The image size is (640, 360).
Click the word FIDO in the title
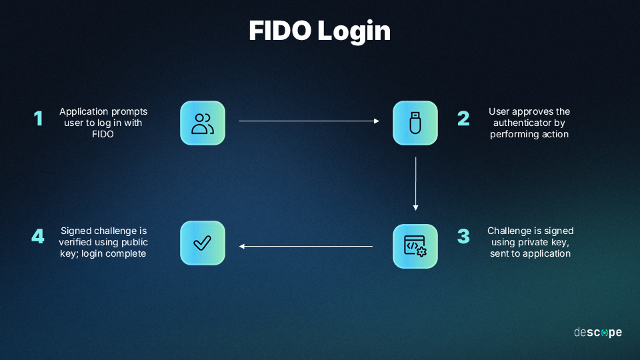tap(280, 31)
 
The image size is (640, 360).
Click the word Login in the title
tap(354, 31)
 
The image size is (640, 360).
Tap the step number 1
tap(38, 119)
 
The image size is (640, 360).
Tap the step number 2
tap(463, 119)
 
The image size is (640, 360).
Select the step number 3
tap(463, 237)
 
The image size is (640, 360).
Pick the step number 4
tap(38, 237)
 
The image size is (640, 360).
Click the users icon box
tap(203, 123)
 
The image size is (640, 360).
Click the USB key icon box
tap(415, 123)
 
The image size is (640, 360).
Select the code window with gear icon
tap(415, 246)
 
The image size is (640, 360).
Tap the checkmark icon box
tap(203, 243)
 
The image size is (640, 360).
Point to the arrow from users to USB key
tap(309, 121)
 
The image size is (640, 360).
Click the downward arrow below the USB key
tap(415, 183)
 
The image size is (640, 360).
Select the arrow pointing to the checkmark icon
tap(306, 247)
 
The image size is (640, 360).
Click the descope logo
tap(598, 332)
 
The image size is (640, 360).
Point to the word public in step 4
tap(133, 242)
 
